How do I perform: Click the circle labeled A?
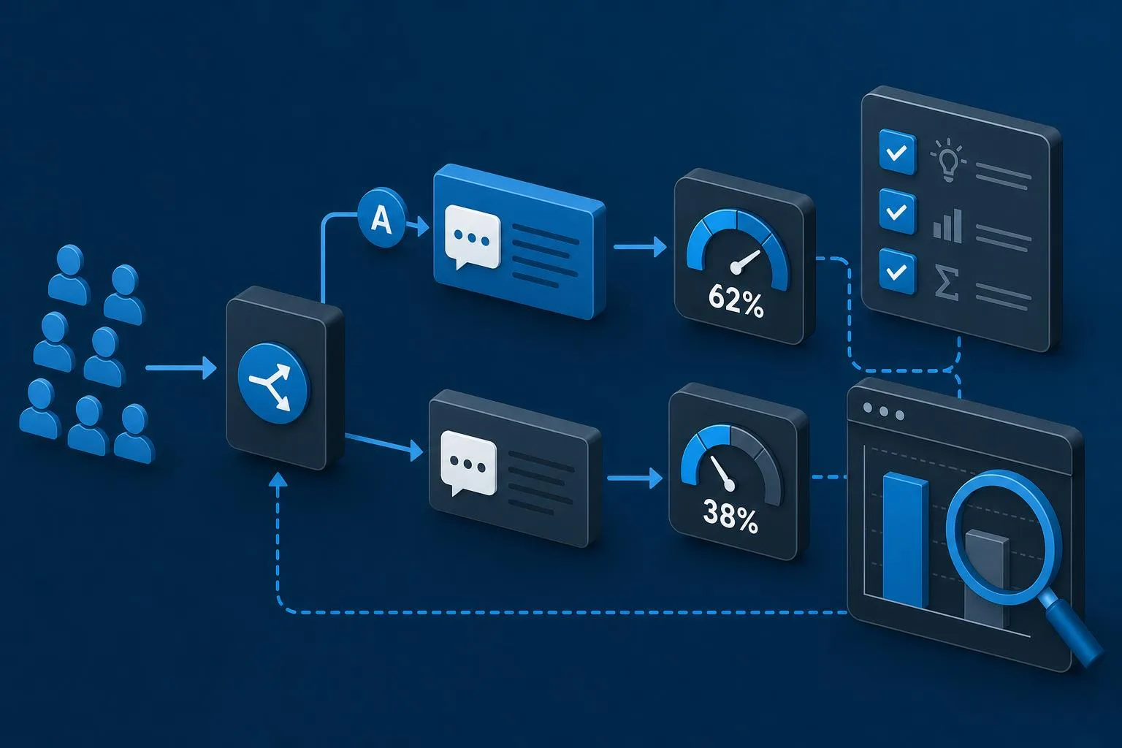pos(382,218)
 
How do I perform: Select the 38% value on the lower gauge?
pos(730,516)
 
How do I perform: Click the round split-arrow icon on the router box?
pos(273,383)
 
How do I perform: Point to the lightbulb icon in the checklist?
pos(948,159)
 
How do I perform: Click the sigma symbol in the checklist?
pos(947,283)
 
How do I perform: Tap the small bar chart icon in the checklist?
pos(947,226)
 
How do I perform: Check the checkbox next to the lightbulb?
pos(898,151)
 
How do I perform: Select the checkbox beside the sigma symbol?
pos(898,271)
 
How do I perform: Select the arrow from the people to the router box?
pos(181,368)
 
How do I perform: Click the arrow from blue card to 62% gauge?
pos(640,247)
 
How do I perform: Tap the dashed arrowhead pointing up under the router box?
pos(278,479)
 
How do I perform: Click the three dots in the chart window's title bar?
pos(884,411)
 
